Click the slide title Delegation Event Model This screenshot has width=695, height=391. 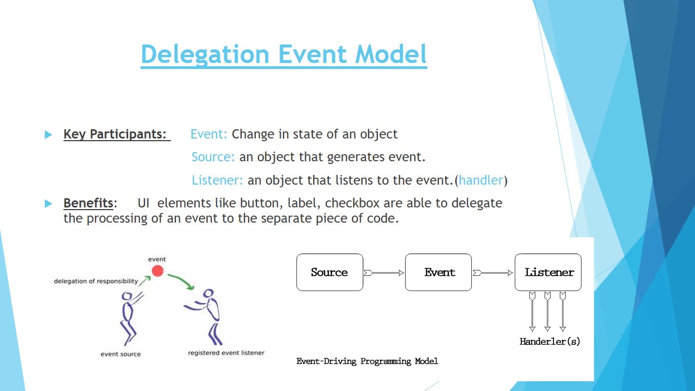283,54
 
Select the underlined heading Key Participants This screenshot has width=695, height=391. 115,134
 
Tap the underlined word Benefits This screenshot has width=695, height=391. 88,203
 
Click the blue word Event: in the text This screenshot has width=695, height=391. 209,134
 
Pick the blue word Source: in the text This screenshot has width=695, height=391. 213,157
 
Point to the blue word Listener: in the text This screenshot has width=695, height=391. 217,180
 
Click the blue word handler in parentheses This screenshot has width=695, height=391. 481,180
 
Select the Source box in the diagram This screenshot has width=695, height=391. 330,272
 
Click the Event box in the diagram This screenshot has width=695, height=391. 438,272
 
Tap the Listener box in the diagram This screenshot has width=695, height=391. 548,272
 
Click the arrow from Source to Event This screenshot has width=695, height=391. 384,273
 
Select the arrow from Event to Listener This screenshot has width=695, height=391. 493,273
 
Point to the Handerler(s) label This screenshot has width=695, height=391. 549,342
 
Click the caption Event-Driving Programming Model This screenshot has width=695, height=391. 367,361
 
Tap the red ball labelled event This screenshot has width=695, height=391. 157,271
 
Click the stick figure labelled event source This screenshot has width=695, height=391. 129,318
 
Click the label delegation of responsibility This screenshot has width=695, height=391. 96,281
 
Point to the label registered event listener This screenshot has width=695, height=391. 226,353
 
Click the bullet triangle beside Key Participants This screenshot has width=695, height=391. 48,135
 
